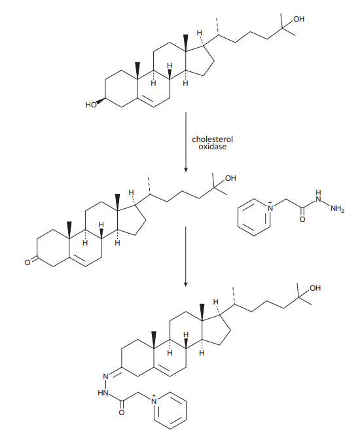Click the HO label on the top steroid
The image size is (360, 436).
[90, 105]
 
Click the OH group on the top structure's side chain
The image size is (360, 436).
[298, 19]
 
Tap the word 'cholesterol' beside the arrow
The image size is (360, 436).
[212, 139]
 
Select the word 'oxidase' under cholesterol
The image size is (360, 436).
[212, 147]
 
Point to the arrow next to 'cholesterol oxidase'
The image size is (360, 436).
[186, 142]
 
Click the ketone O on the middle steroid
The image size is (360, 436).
[27, 263]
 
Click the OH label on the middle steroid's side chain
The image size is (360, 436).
[230, 178]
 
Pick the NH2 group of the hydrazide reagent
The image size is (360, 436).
[337, 209]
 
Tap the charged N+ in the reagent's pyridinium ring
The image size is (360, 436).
[269, 207]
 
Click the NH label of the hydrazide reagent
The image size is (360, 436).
[319, 196]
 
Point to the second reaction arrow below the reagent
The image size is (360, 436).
[186, 257]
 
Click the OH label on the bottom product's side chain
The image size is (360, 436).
[315, 288]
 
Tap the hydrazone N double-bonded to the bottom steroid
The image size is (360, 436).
[105, 377]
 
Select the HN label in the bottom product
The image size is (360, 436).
[103, 393]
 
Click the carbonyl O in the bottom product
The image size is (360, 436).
[122, 412]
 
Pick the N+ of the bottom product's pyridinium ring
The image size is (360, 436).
[154, 400]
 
